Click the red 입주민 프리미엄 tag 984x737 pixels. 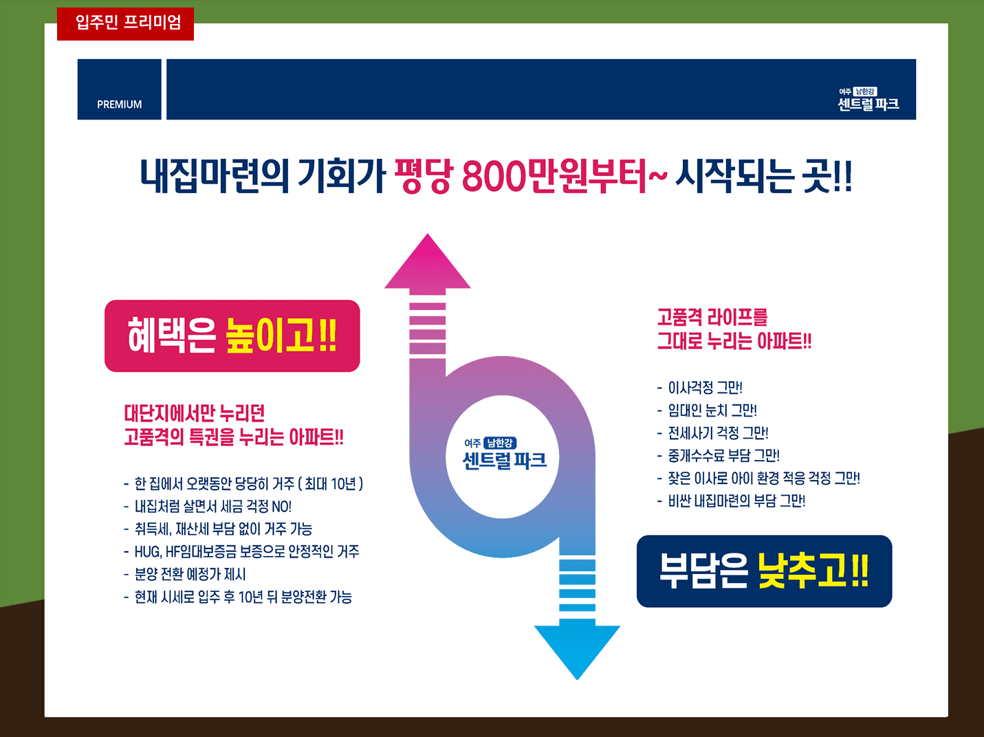pyautogui.click(x=126, y=24)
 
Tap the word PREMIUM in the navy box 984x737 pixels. pyautogui.click(x=119, y=104)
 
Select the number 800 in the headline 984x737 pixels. pyautogui.click(x=494, y=175)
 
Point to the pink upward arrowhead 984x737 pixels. pyautogui.click(x=428, y=261)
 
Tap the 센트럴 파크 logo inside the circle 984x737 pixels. pyautogui.click(x=504, y=454)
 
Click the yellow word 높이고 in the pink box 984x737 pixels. pyautogui.click(x=270, y=335)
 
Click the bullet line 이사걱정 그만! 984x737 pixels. pyautogui.click(x=700, y=388)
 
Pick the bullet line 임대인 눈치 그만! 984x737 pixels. pyautogui.click(x=707, y=410)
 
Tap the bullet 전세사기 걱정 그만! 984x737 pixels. pyautogui.click(x=713, y=433)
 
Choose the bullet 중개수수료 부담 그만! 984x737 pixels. pyautogui.click(x=718, y=456)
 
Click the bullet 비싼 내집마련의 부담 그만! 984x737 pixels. pyautogui.click(x=731, y=501)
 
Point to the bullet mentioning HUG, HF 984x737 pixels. pyautogui.click(x=241, y=551)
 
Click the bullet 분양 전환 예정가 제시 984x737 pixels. pyautogui.click(x=185, y=574)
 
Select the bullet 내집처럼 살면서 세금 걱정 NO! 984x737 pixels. pyautogui.click(x=208, y=507)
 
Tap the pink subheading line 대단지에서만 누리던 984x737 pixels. pyautogui.click(x=194, y=413)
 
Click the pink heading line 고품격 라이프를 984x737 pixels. pyautogui.click(x=712, y=317)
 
